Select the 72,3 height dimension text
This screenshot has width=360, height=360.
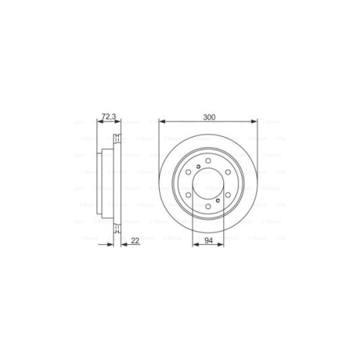[109, 117]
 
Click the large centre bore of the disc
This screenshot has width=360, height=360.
[209, 183]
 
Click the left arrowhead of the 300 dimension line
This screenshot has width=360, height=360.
[161, 122]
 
